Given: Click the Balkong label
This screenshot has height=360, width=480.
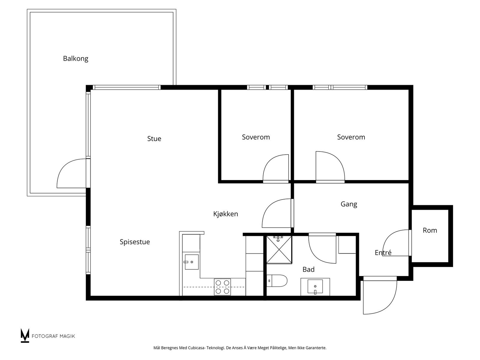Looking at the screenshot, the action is tap(76, 58).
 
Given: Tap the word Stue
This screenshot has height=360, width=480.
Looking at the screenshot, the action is tap(154, 139).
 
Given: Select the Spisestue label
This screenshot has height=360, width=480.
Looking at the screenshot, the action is tap(135, 242).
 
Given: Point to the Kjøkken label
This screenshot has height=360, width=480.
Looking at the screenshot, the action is tap(226, 214).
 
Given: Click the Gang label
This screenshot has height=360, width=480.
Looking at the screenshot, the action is tap(349, 204).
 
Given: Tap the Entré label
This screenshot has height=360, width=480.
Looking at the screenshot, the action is tap(383, 253).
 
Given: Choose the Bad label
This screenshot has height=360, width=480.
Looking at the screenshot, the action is tap(308, 269).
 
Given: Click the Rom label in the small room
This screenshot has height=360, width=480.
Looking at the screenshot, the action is tap(430, 230).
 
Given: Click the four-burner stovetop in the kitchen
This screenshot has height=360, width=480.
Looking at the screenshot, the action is tap(222, 287).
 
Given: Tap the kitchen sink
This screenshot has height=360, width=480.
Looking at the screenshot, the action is tap(192, 262).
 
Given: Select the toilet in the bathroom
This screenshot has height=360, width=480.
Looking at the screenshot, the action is tap(277, 281).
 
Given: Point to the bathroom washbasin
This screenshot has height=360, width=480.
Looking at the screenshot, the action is tap(315, 286).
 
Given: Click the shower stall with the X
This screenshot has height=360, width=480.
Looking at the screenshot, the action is tap(279, 250).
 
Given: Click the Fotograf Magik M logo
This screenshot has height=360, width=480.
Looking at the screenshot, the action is tap(25, 335).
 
